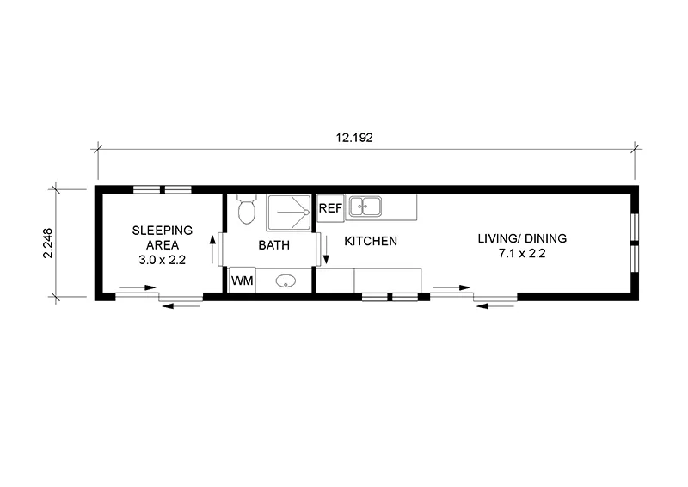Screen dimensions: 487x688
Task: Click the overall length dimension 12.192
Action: point(361,136)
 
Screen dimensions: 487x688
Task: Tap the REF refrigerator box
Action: point(330,208)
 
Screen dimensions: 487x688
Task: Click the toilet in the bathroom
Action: point(246,209)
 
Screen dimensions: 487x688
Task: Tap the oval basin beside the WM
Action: point(286,280)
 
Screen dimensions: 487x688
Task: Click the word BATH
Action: point(274,245)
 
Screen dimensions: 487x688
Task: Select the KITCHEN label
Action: point(371,242)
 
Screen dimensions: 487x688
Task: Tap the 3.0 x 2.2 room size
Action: point(162,259)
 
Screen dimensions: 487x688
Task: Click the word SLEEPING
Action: point(162,230)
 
